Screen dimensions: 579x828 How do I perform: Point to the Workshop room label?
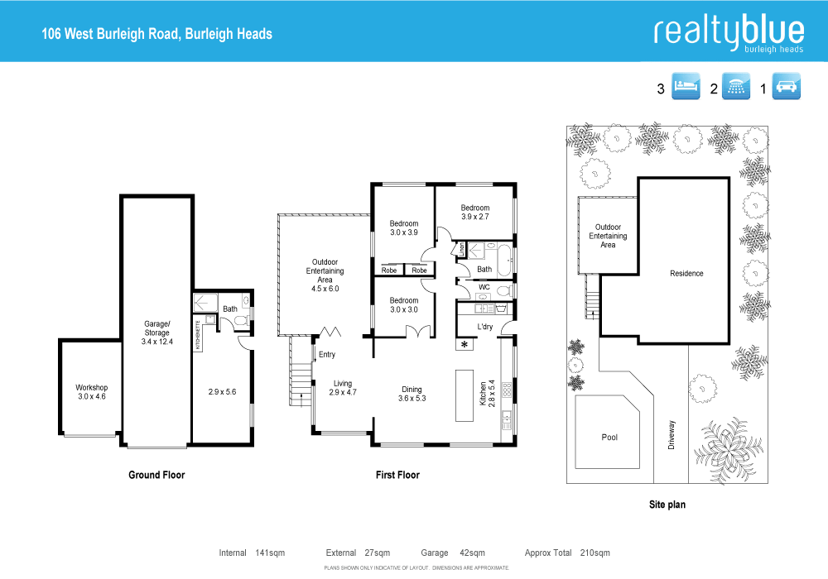point(91,392)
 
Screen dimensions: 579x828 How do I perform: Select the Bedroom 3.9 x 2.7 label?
point(475,213)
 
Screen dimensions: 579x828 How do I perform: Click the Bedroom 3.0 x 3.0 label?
point(404,305)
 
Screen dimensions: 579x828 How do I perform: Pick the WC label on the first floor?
point(484,287)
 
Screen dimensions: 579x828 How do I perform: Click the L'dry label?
point(486,327)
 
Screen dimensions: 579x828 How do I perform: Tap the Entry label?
point(327,355)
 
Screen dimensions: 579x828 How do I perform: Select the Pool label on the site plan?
point(609,438)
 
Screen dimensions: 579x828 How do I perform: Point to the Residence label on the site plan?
point(686,274)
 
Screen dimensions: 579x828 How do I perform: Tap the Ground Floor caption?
point(156,475)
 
